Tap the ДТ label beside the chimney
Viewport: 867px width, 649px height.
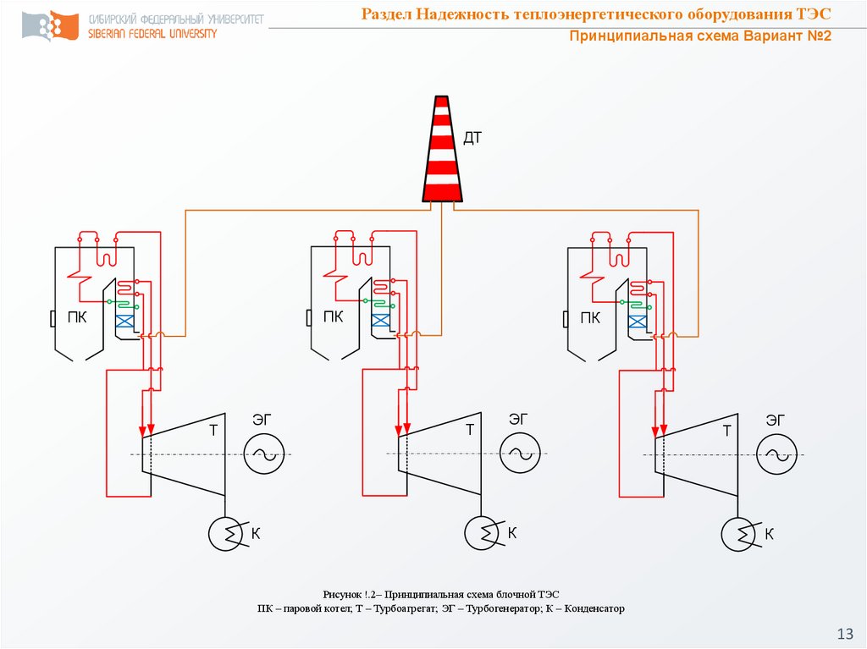pos(472,138)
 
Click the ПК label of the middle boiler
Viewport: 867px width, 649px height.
pos(334,318)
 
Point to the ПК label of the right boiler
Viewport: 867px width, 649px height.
pos(590,318)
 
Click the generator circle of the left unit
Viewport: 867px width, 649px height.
pos(263,454)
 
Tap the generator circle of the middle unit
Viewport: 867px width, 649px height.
pos(519,454)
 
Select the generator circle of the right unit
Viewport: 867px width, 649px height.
pos(776,454)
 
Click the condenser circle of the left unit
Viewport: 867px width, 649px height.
pos(226,534)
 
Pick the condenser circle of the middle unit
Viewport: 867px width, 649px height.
pos(482,534)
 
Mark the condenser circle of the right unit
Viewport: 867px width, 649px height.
pos(738,534)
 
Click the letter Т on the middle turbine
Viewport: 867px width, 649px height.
pos(469,430)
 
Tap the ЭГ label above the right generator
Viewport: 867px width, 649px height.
pos(775,418)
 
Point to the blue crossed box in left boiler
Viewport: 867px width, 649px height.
pos(124,322)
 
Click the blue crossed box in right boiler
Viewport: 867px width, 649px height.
pos(638,322)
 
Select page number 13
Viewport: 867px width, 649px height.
pos(844,634)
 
